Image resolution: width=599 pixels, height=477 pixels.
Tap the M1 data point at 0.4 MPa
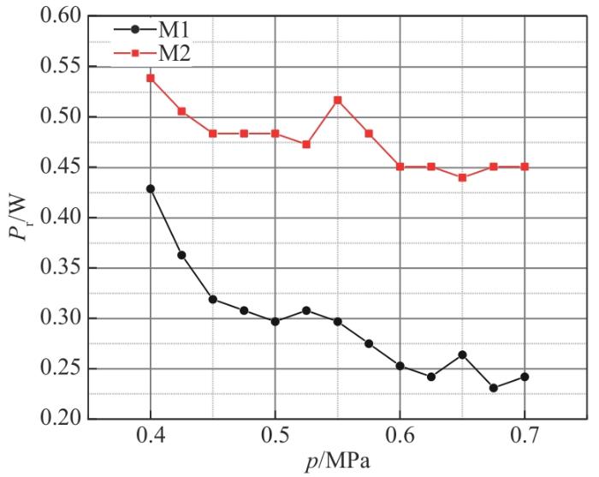click(x=151, y=188)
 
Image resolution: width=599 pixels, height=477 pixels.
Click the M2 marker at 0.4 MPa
click(x=151, y=78)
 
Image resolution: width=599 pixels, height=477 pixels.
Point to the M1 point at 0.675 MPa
click(x=494, y=388)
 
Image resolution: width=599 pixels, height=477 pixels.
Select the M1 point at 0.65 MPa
click(x=463, y=355)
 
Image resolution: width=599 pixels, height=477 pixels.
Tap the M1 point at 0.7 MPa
click(x=525, y=377)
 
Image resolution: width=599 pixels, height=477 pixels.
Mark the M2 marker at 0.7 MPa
click(x=525, y=166)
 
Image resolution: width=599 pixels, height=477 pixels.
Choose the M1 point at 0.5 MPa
click(x=276, y=322)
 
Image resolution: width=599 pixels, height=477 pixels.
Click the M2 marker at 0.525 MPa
click(x=306, y=144)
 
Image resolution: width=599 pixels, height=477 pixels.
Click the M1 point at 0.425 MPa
click(x=182, y=255)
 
